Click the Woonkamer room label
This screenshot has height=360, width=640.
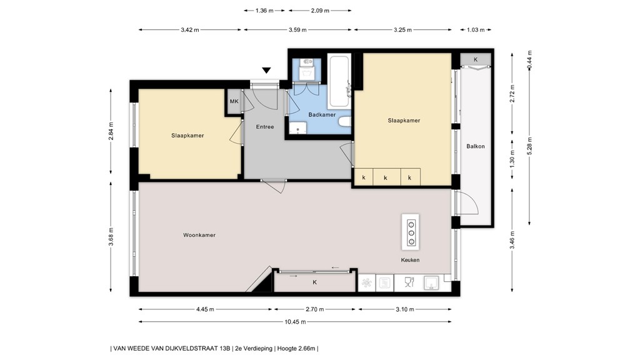(199, 235)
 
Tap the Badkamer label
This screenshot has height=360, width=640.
(322, 114)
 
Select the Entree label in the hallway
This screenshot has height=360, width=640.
(265, 127)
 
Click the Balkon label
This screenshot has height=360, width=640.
(476, 146)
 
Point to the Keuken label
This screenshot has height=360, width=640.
(410, 260)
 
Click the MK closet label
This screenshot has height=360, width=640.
(234, 101)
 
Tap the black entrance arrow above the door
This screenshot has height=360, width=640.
(267, 71)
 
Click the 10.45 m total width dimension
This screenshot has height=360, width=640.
(294, 322)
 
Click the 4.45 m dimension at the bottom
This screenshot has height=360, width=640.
(205, 309)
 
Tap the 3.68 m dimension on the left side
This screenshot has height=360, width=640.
(111, 237)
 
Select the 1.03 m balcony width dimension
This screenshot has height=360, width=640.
(476, 29)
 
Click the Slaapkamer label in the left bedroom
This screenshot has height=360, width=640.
(187, 135)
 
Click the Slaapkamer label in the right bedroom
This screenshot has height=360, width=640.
(404, 121)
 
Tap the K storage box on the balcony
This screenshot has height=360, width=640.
(476, 59)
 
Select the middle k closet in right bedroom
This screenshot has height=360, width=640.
(386, 178)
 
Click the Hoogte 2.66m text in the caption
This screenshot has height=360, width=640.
(296, 348)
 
